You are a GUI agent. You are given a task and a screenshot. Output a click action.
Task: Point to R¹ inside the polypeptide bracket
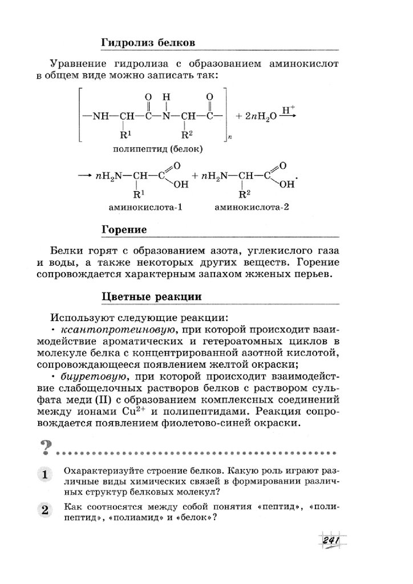pos(124,136)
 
